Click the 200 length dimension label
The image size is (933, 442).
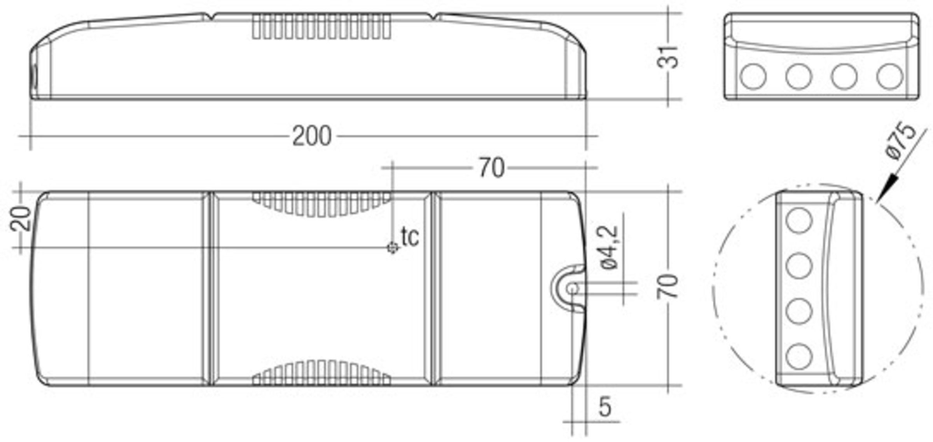click(311, 136)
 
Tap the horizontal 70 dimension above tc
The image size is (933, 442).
click(491, 168)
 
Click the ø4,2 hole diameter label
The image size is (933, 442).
click(609, 247)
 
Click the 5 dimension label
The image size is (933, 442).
click(605, 407)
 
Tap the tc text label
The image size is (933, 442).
click(410, 237)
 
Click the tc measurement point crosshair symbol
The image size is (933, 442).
click(393, 247)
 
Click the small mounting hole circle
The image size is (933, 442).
click(573, 289)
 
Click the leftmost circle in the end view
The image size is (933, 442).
click(753, 77)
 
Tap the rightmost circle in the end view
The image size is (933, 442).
click(889, 77)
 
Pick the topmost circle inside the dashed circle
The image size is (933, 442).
click(799, 220)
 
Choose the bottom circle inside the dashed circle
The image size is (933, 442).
click(799, 356)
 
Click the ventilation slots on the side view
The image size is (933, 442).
click(321, 26)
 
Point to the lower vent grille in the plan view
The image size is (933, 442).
click(321, 373)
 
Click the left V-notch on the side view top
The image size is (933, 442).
click(209, 17)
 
